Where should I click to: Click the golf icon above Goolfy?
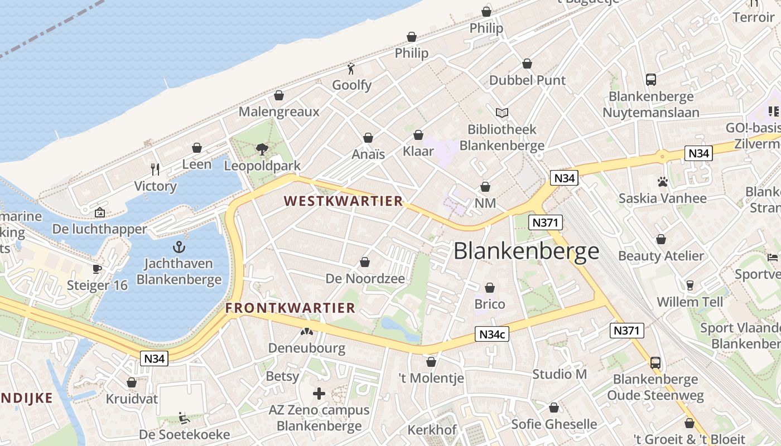click(351, 69)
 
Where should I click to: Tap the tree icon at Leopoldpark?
click(262, 149)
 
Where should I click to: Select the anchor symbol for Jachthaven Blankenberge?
click(179, 247)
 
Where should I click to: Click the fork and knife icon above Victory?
click(155, 169)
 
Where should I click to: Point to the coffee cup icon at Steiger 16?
click(97, 269)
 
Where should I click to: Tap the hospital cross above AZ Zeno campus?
click(319, 394)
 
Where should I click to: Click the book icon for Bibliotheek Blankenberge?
click(502, 113)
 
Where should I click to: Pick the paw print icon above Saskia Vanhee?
click(663, 182)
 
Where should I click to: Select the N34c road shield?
click(493, 334)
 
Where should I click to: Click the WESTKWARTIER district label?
click(343, 201)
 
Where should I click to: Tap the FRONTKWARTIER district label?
click(290, 308)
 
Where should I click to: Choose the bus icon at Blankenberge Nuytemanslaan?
click(651, 80)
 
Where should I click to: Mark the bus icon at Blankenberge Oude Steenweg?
click(655, 363)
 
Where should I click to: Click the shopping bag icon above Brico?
click(490, 288)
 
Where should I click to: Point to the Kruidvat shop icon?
click(132, 382)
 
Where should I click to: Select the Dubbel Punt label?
click(527, 80)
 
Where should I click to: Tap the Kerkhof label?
click(432, 430)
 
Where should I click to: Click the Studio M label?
click(560, 374)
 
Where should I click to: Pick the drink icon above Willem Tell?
click(690, 285)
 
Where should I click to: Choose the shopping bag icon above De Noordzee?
click(365, 262)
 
